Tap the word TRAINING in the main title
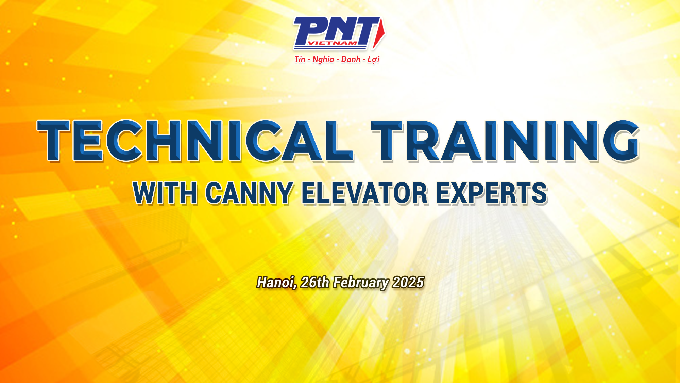click(505, 140)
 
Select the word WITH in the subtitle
click(165, 193)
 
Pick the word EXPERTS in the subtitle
click(492, 193)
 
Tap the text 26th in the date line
click(315, 282)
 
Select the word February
click(361, 283)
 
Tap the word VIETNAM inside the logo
click(332, 43)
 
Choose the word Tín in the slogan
click(300, 59)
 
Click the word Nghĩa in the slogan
click(323, 60)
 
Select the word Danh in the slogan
click(351, 59)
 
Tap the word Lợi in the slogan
click(373, 60)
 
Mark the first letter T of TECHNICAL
click(54, 140)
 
